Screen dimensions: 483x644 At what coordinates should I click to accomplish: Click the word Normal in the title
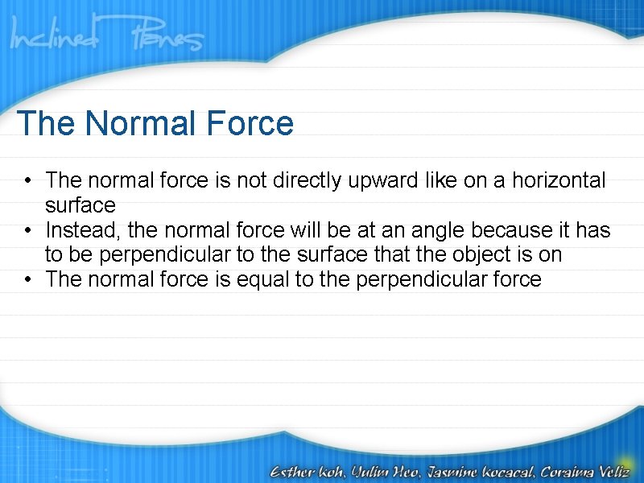pyautogui.click(x=142, y=124)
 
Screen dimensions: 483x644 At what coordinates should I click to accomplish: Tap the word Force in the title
pyautogui.click(x=250, y=124)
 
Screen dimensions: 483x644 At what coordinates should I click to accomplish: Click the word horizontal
pyautogui.click(x=559, y=180)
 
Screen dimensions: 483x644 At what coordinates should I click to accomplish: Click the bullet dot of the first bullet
pyautogui.click(x=27, y=181)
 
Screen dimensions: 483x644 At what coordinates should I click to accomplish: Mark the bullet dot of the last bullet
pyautogui.click(x=27, y=281)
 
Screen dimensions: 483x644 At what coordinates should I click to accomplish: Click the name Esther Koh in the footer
pyautogui.click(x=307, y=470)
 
